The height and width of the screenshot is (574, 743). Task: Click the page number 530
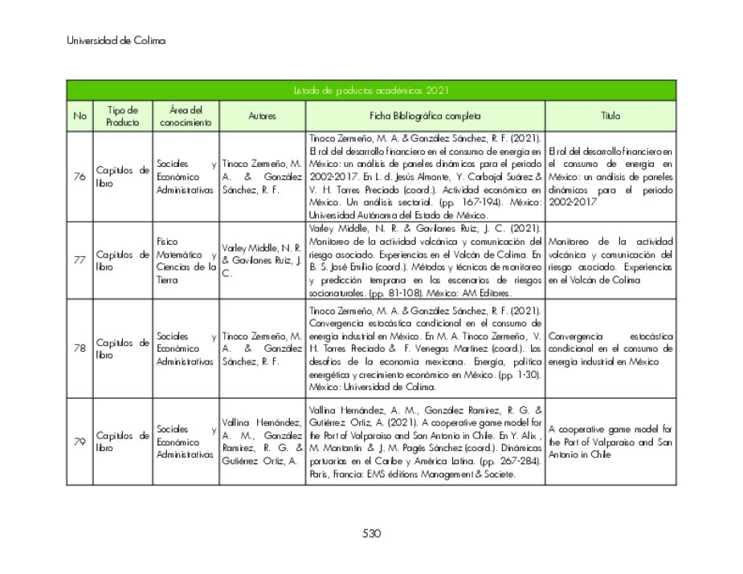pyautogui.click(x=371, y=533)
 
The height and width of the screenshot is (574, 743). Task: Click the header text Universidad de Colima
pyautogui.click(x=116, y=40)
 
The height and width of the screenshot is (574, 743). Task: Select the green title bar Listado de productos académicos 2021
pyautogui.click(x=371, y=91)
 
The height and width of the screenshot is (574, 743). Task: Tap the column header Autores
pyautogui.click(x=262, y=116)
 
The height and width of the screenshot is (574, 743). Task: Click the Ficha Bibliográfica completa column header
pyautogui.click(x=425, y=116)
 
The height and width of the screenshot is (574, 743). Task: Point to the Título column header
pyautogui.click(x=610, y=116)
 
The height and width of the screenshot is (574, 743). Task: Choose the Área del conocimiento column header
pyautogui.click(x=186, y=116)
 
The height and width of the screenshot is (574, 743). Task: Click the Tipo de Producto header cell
pyautogui.click(x=122, y=116)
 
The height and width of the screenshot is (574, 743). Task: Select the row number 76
pyautogui.click(x=80, y=177)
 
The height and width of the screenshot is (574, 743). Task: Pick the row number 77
pyautogui.click(x=80, y=260)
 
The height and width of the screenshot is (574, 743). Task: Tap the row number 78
pyautogui.click(x=80, y=348)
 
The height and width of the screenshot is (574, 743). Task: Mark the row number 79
pyautogui.click(x=80, y=442)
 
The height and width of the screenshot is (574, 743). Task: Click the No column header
pyautogui.click(x=80, y=116)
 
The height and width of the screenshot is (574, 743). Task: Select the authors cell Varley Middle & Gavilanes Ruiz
pyautogui.click(x=262, y=260)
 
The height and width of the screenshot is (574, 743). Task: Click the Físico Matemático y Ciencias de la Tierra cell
pyautogui.click(x=186, y=260)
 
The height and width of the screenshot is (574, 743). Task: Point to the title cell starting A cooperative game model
pyautogui.click(x=610, y=442)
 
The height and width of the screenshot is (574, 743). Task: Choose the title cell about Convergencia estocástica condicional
pyautogui.click(x=610, y=348)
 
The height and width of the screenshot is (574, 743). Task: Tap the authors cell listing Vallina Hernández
pyautogui.click(x=262, y=442)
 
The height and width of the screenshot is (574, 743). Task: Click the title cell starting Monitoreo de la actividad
pyautogui.click(x=610, y=260)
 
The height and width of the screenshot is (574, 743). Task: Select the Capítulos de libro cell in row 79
pyautogui.click(x=122, y=442)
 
